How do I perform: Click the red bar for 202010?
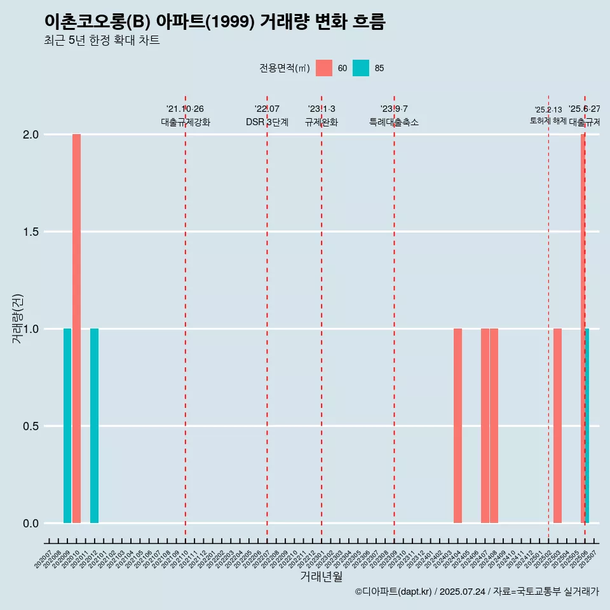(x=76, y=329)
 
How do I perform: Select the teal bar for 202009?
(x=67, y=426)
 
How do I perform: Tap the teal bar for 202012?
(x=94, y=426)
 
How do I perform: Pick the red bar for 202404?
(x=457, y=426)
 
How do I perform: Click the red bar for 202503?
(x=557, y=426)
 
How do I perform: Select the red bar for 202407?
(x=485, y=426)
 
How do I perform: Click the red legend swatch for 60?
(x=324, y=68)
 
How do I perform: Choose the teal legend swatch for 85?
(x=361, y=68)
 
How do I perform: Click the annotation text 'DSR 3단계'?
(x=267, y=122)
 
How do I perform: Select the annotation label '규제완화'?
(x=322, y=122)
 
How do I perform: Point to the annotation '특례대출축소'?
(x=394, y=122)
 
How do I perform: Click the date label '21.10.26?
(x=185, y=109)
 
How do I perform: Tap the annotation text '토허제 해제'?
(x=548, y=121)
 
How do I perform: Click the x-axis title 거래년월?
(x=322, y=576)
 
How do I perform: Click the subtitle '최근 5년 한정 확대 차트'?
(x=102, y=41)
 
